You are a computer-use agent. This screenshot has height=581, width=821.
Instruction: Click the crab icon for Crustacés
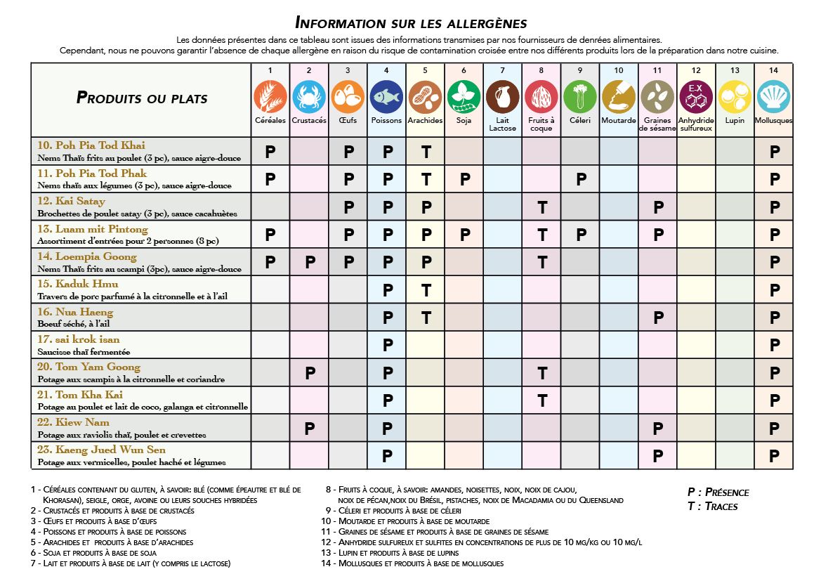[309, 97]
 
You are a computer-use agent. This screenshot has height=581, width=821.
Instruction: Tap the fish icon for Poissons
[386, 97]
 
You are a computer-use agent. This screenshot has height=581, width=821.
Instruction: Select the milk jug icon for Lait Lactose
[502, 97]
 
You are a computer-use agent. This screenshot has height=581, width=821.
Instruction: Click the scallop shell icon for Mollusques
[773, 97]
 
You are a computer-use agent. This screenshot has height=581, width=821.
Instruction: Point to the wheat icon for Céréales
[270, 97]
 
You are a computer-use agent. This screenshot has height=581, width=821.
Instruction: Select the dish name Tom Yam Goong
[88, 367]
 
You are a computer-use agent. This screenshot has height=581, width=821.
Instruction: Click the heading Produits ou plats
[142, 98]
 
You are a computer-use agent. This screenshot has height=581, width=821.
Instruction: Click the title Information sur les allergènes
[411, 22]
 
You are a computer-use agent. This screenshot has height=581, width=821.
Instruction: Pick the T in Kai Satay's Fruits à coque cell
[541, 207]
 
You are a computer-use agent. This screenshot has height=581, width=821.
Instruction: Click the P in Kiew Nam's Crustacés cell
[309, 428]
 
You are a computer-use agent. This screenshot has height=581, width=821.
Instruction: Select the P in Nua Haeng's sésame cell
[657, 318]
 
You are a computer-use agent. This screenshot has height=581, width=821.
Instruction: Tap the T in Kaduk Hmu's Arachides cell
[426, 290]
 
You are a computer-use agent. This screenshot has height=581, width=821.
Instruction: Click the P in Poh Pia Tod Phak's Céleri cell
[581, 179]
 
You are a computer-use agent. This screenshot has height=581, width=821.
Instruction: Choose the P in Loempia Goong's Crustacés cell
[309, 262]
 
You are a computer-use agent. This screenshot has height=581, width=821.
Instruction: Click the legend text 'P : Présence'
[718, 492]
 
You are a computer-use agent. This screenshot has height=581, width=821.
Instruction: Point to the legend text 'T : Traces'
[712, 506]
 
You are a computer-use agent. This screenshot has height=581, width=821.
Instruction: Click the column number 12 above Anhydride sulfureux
[696, 70]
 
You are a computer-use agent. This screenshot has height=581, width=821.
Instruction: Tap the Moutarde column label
[619, 120]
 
